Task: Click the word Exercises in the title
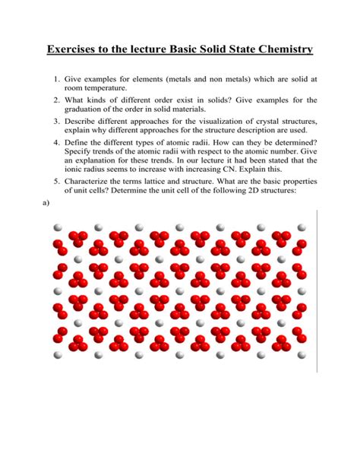[x=79, y=50]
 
